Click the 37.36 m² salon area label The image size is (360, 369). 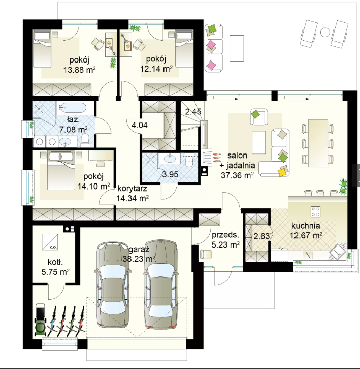click(237, 175)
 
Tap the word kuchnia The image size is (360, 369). click(306, 226)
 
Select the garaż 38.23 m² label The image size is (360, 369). click(139, 254)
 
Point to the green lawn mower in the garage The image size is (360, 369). click(40, 320)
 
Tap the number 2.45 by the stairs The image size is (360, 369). click(193, 111)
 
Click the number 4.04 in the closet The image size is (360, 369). click(140, 125)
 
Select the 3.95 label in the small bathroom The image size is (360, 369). click(170, 174)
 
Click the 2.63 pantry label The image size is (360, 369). click(261, 236)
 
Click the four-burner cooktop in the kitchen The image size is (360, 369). click(315, 211)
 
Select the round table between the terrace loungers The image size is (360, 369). click(325, 32)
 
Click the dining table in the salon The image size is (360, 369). click(318, 143)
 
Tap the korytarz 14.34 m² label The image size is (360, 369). click(133, 194)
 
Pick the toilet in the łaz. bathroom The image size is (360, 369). click(85, 139)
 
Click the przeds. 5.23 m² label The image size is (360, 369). click(225, 240)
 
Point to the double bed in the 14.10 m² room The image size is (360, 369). click(61, 171)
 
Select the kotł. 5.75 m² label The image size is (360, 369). click(55, 267)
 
